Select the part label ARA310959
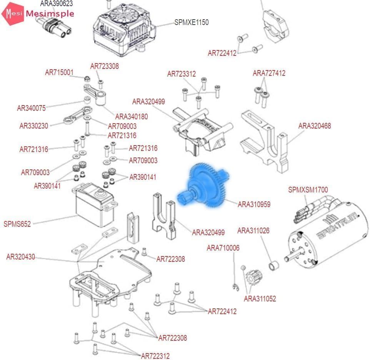click(x=254, y=204)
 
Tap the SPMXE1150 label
click(x=192, y=22)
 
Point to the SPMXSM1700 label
click(x=308, y=189)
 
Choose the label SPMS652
click(x=17, y=224)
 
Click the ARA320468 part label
click(x=315, y=126)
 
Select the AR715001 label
click(x=59, y=72)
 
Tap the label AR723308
click(x=105, y=66)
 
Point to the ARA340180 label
click(x=132, y=116)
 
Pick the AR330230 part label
click(x=34, y=126)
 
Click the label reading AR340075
click(x=31, y=108)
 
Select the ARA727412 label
click(x=269, y=73)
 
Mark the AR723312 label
click(x=182, y=74)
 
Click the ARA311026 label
click(x=253, y=231)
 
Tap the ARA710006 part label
click(x=223, y=248)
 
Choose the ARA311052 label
click(x=260, y=298)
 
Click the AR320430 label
click(x=21, y=257)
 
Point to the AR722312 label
click(x=155, y=356)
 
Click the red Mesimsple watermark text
click(x=50, y=14)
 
